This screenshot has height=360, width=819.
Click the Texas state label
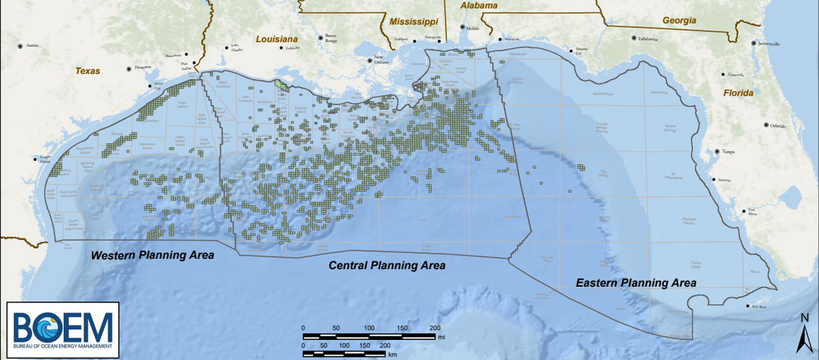pos(88,71)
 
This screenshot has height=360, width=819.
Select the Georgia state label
pos(680,21)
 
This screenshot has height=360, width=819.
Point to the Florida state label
pos(739,93)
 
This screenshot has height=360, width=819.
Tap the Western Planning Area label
pos(152,256)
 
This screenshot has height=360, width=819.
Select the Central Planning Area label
pos(387,266)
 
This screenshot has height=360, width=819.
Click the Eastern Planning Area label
pos(636,283)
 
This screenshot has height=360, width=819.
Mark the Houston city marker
pos(129,68)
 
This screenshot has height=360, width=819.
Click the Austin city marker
pos(21,45)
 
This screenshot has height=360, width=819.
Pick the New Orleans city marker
pos(369,61)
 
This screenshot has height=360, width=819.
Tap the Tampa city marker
pos(717,152)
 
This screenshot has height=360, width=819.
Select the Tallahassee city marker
pos(633,38)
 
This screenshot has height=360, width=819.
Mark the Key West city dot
pos(745,307)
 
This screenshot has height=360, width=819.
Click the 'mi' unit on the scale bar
pos(441,336)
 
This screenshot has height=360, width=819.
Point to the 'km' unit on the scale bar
pos(392,354)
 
